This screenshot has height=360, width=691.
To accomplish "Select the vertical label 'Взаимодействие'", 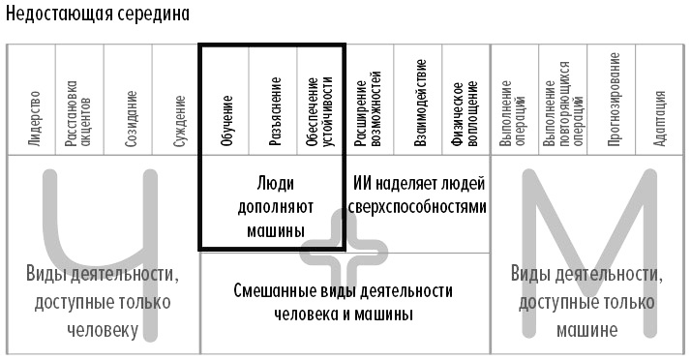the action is click(420, 111).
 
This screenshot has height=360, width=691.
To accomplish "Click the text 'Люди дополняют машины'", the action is click(272, 205).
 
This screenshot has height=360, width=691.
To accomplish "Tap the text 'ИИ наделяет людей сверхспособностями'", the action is click(419, 194).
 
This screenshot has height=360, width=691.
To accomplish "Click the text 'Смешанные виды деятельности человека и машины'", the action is click(344, 302).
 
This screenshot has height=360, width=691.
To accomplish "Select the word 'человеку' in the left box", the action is click(103, 329).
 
